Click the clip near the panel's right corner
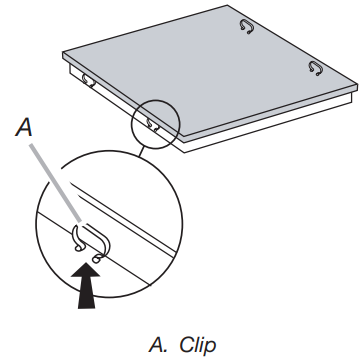[x=315, y=68]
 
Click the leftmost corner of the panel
[x=61, y=51]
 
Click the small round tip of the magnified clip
[x=96, y=257]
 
